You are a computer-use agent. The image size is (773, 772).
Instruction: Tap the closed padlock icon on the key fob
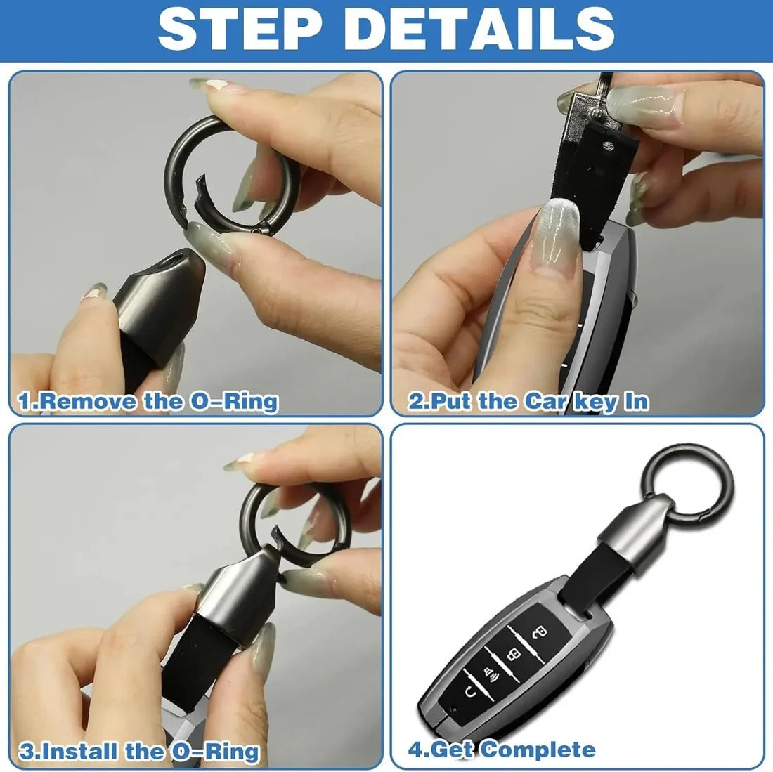pyautogui.click(x=515, y=655)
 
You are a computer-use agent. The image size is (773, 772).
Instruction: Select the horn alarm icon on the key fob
pyautogui.click(x=490, y=676)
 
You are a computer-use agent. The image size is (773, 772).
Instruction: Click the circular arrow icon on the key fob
pyautogui.click(x=467, y=695)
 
